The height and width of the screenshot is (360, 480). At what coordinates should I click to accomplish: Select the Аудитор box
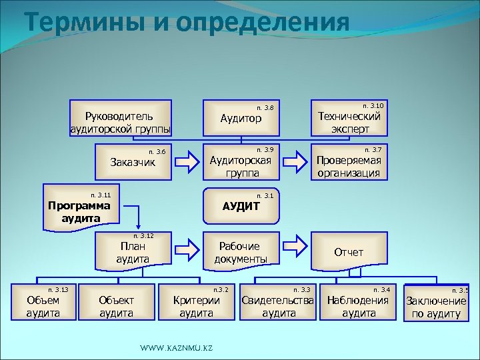coord(241,119)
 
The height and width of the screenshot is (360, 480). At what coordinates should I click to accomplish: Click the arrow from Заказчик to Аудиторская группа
coord(189,161)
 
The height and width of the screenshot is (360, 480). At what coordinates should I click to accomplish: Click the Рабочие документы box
coord(241,251)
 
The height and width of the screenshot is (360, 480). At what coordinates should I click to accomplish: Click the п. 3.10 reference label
coord(372,105)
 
